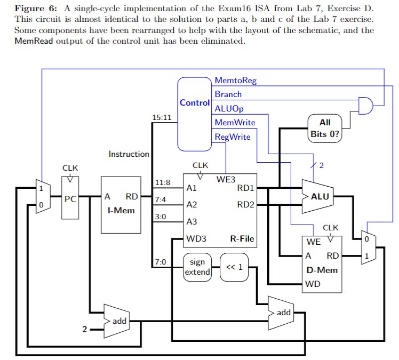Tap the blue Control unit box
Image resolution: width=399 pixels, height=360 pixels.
194,113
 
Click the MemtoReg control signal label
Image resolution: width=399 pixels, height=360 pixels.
235,81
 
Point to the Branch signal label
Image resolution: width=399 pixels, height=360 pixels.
228,94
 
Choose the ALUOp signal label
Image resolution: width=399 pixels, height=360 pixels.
229,108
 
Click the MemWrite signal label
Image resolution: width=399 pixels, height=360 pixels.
235,122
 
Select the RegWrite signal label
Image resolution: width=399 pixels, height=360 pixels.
233,137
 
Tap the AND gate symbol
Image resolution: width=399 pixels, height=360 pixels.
365,106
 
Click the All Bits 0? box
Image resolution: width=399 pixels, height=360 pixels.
324,129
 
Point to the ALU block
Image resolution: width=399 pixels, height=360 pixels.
318,196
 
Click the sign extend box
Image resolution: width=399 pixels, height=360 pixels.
197,267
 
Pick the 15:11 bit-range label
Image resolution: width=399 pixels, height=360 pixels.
161,117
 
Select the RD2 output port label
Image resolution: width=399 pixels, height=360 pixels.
245,204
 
